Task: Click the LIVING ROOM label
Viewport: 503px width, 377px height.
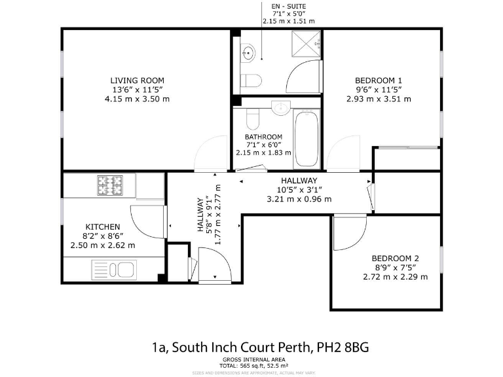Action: click(x=137, y=81)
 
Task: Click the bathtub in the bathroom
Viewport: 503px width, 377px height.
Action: click(x=307, y=139)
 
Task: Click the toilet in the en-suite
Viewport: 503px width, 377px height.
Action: click(x=251, y=81)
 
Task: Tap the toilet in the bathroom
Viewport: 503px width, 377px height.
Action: click(x=253, y=119)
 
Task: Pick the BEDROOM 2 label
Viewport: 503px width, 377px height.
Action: click(x=395, y=258)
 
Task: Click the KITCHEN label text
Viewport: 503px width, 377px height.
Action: click(x=102, y=226)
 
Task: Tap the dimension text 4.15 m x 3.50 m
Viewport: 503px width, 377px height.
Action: click(x=137, y=99)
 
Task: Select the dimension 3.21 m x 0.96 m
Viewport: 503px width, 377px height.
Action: click(x=299, y=199)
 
